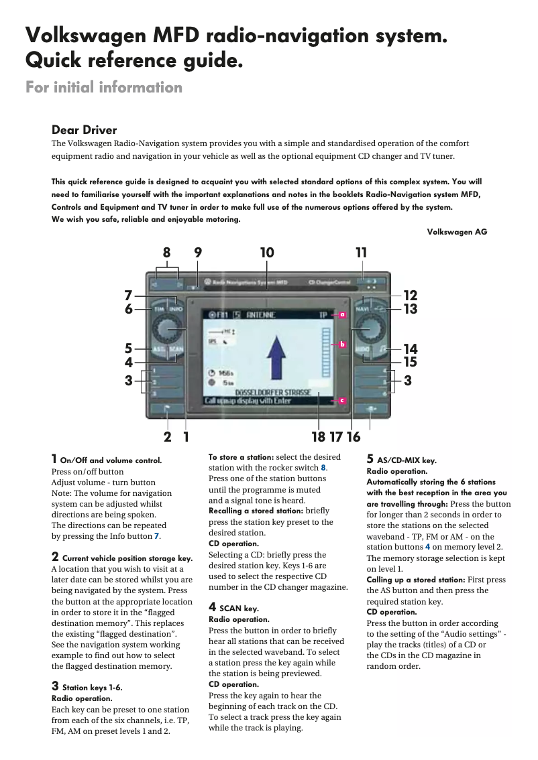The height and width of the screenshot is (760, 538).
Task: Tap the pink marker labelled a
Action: pyautogui.click(x=341, y=314)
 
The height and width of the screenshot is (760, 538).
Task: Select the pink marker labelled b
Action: pyautogui.click(x=341, y=344)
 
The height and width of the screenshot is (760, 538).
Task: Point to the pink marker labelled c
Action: pyautogui.click(x=341, y=400)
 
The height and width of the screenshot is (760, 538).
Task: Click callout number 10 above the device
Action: pyautogui.click(x=267, y=253)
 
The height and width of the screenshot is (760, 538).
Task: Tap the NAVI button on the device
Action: pyautogui.click(x=362, y=309)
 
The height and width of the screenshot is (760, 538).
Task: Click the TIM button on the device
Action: pyautogui.click(x=159, y=309)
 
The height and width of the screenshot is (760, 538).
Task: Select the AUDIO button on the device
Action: pyautogui.click(x=362, y=350)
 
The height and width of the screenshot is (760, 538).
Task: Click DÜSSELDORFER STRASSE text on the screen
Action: pyautogui.click(x=272, y=391)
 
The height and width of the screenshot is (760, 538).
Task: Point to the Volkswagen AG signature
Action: pyautogui.click(x=457, y=232)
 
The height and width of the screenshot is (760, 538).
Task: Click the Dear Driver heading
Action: pyautogui.click(x=84, y=130)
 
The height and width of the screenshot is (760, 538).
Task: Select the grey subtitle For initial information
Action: pyautogui.click(x=103, y=87)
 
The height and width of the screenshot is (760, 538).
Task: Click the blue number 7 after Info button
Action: pyautogui.click(x=158, y=536)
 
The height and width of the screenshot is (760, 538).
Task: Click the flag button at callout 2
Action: pyautogui.click(x=166, y=408)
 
